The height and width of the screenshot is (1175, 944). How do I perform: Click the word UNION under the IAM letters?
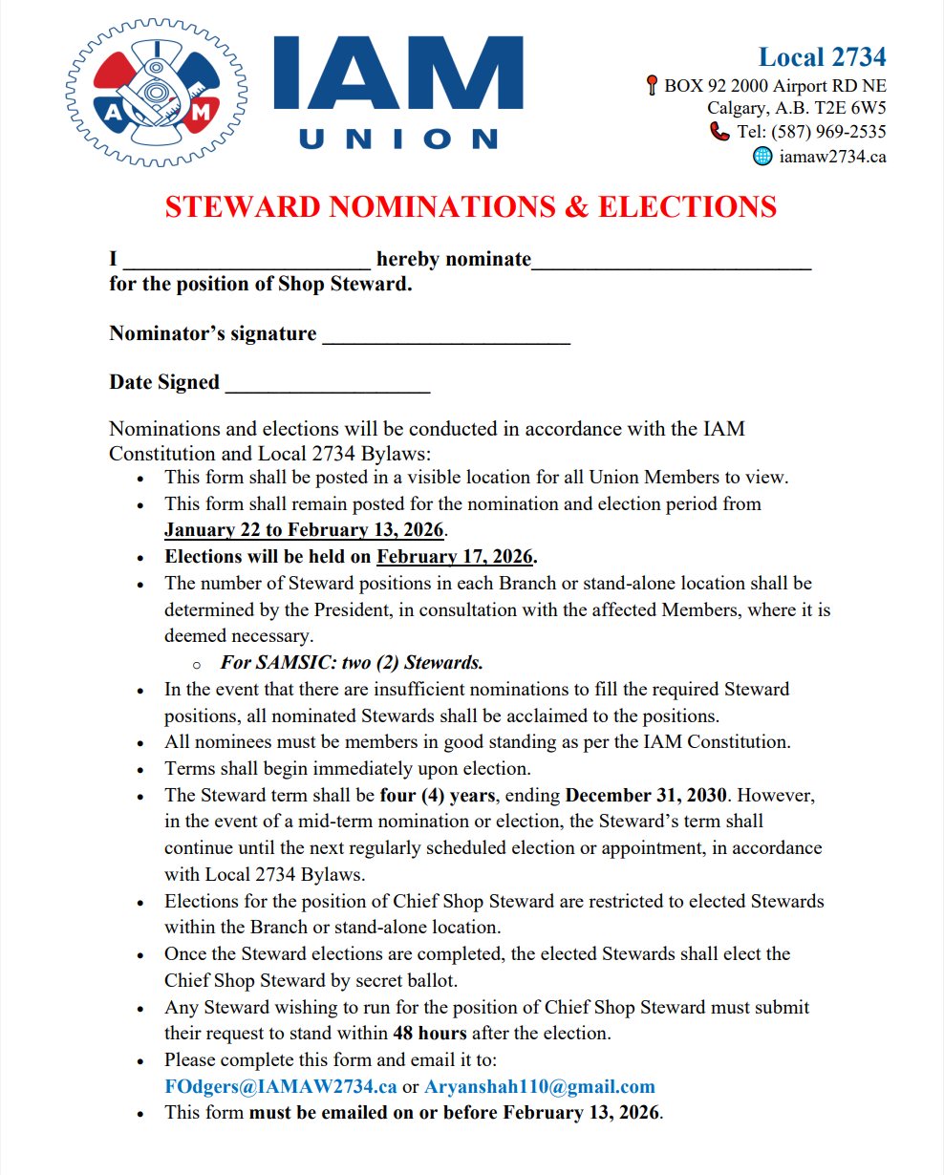[398, 139]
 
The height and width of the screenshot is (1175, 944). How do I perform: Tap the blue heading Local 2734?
[822, 57]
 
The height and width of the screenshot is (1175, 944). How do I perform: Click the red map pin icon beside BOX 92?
[652, 86]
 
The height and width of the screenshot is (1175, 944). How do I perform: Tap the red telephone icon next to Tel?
[719, 132]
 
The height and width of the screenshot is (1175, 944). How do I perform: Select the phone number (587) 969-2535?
[827, 132]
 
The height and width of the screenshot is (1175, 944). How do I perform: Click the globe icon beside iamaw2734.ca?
[762, 156]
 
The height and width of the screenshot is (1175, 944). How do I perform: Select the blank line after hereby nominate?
[671, 264]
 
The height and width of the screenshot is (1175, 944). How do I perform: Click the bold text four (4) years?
[437, 795]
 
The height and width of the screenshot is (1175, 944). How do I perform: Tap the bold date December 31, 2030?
[646, 795]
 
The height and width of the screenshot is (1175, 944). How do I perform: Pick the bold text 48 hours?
[429, 1033]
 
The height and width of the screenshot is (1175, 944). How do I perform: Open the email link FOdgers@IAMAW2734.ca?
[280, 1086]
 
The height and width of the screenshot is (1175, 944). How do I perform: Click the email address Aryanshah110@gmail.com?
[540, 1086]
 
